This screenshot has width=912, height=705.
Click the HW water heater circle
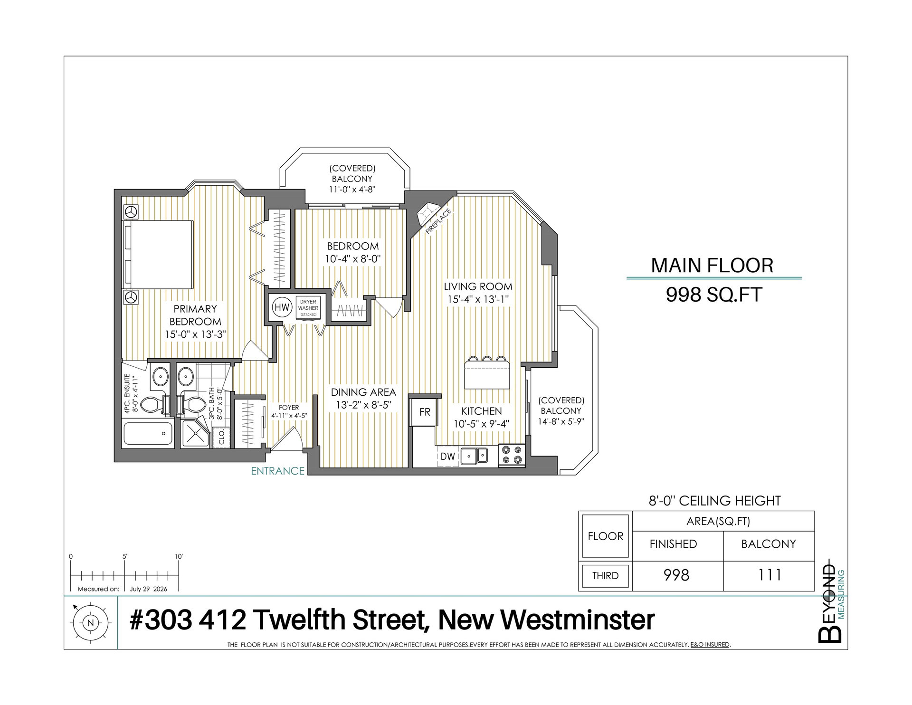282,307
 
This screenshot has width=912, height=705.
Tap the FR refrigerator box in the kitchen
424,412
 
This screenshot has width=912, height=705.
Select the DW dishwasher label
447,457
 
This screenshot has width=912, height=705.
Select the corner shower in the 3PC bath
195,433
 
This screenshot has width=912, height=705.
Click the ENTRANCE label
277,471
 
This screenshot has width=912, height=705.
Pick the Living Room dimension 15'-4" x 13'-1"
478,299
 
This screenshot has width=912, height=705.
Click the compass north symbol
91,622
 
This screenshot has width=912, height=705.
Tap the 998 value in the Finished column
676,575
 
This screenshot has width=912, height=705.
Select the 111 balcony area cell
769,575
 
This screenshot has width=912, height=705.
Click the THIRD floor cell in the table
605,576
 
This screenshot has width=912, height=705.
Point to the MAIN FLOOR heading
712,265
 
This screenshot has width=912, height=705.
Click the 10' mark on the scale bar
179,556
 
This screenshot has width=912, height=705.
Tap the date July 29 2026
149,589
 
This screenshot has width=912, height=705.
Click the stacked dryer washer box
308,308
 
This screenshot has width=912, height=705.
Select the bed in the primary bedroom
158,255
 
